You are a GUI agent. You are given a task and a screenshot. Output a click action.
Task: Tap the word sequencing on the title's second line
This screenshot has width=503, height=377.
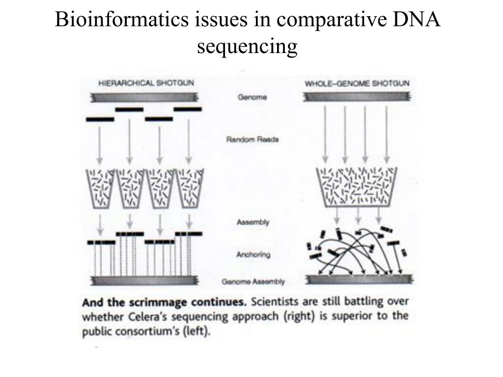point(248,47)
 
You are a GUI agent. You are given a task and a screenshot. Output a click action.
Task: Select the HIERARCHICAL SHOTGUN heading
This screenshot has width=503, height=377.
point(146,83)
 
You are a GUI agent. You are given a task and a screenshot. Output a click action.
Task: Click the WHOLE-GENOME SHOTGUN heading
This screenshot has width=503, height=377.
point(357,83)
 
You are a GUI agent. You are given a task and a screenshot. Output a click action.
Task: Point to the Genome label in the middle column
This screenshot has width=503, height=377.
point(252,97)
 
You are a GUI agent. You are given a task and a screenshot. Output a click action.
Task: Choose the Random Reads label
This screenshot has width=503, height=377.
point(252,139)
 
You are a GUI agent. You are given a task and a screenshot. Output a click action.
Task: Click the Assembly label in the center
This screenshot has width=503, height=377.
point(253,222)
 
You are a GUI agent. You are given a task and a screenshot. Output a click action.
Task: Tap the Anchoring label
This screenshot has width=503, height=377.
point(253,255)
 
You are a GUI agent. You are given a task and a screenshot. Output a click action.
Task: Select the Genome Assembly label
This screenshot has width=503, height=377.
point(253,282)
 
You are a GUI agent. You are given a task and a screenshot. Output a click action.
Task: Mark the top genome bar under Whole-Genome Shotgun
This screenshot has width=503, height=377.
point(357,97)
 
